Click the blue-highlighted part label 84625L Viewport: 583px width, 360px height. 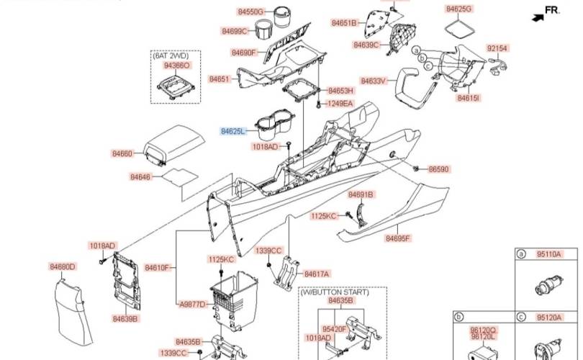coord(233,131)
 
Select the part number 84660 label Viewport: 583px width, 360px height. coord(122,153)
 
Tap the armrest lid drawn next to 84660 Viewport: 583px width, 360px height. coord(175,144)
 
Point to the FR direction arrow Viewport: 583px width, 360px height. coord(538,17)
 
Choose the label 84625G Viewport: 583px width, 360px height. coord(459,9)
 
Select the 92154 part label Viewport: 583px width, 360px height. coord(497,48)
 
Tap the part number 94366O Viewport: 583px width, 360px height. coord(177,66)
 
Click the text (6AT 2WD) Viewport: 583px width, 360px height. coord(171,55)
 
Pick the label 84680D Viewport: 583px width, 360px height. coord(63,266)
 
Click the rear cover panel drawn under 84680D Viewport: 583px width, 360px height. coord(73,312)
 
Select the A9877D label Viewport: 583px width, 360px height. coord(192,305)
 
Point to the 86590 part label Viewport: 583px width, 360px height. coord(439,169)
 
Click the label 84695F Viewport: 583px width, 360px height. coord(398,238)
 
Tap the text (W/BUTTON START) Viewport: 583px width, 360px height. coord(335,292)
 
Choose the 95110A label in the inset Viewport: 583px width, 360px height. coord(548,254)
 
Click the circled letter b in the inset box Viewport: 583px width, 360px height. coord(459,317)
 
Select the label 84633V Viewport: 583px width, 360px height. coord(374,81)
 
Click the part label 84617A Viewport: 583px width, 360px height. coord(317,274)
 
